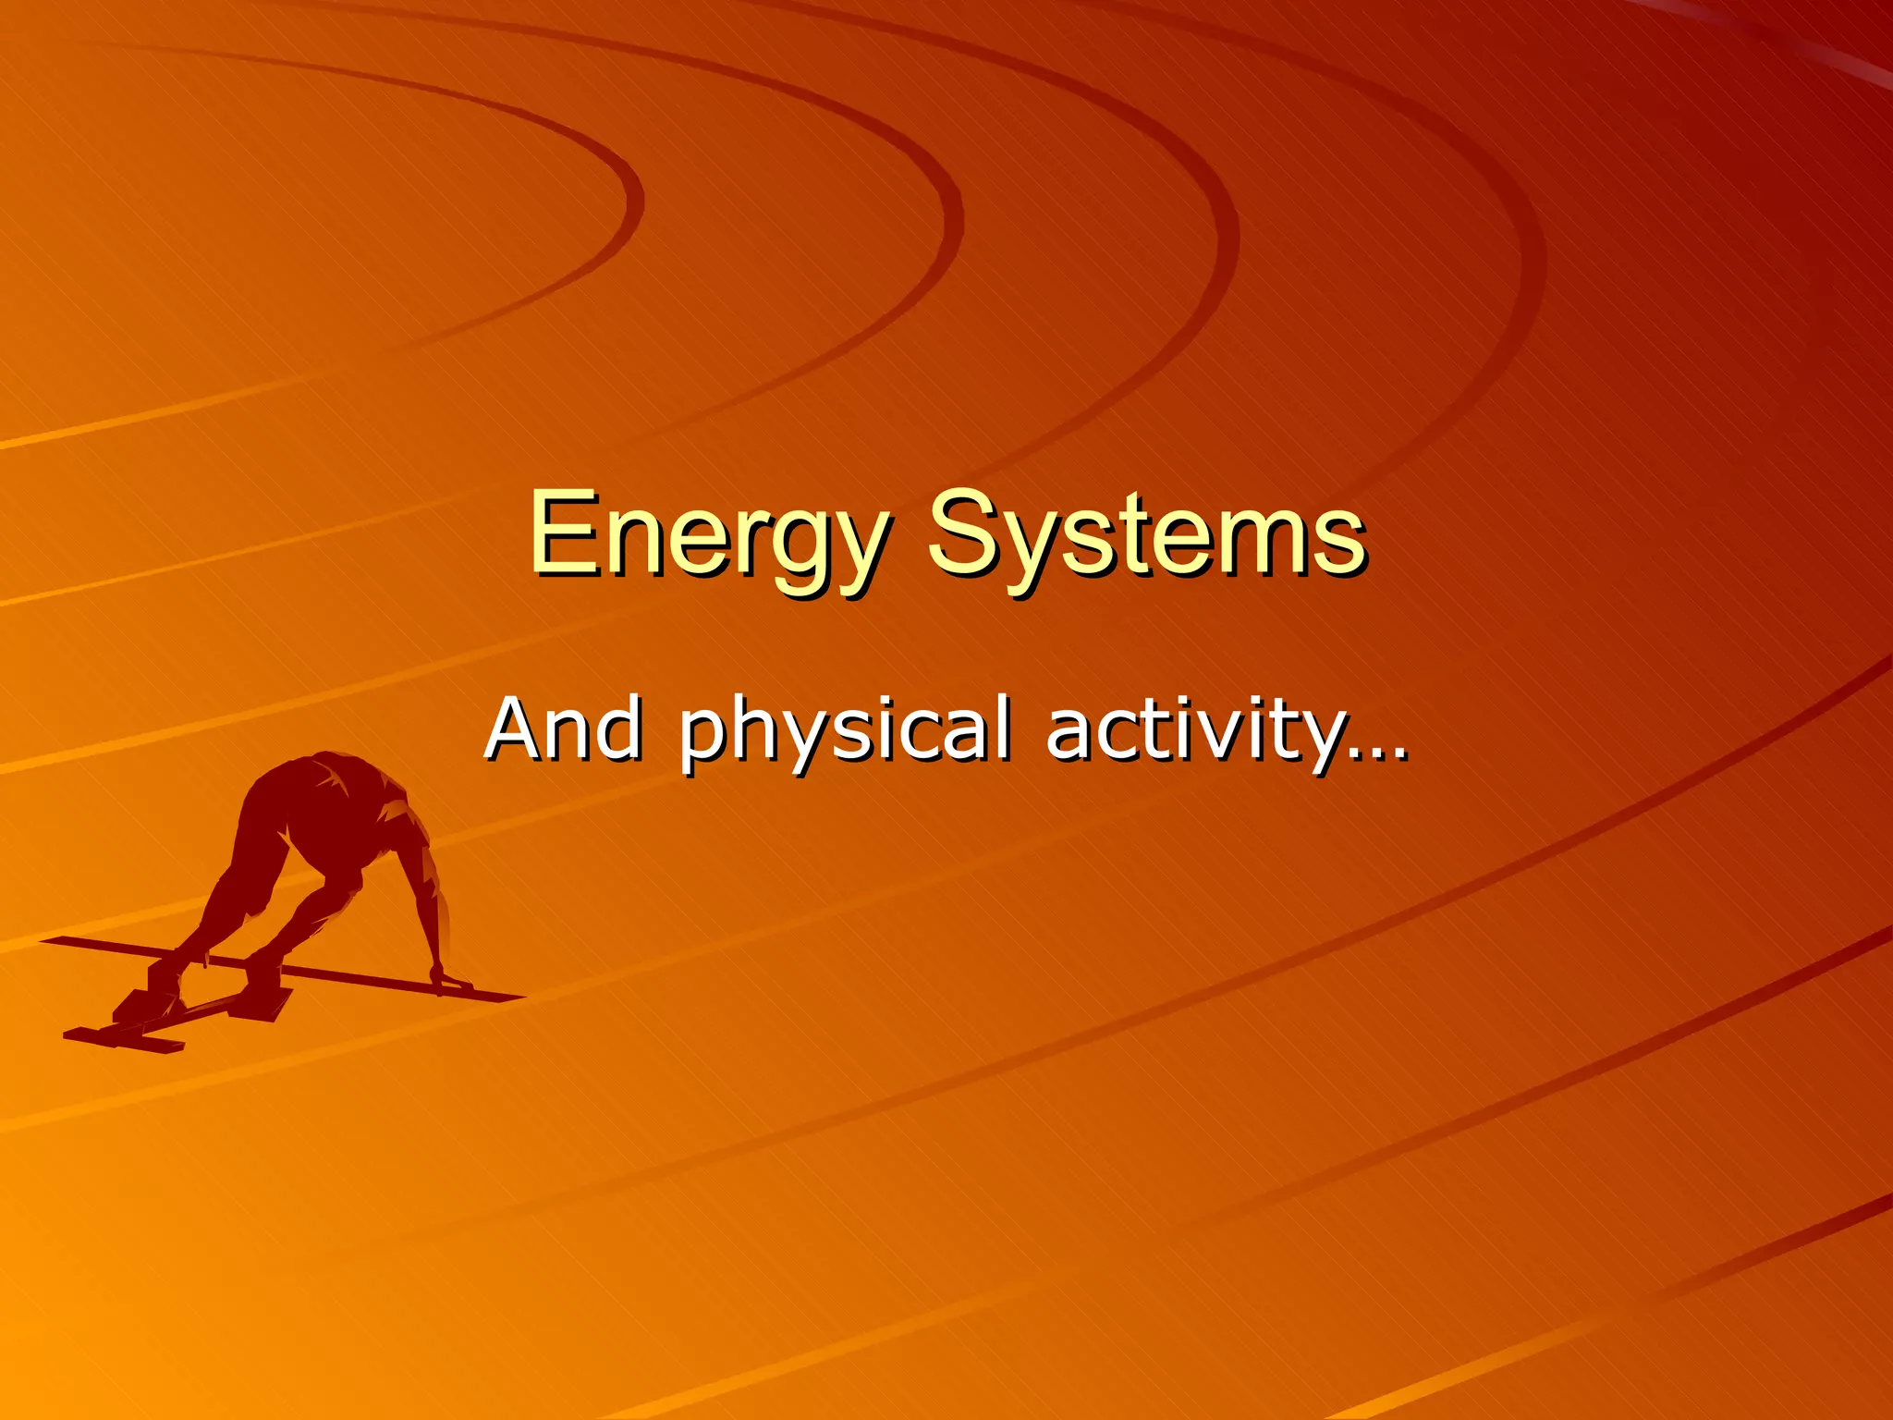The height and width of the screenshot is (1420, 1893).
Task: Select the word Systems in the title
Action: click(1146, 536)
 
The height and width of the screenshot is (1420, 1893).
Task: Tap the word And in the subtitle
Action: click(564, 730)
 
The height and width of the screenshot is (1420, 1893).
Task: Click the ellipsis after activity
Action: click(1378, 753)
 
